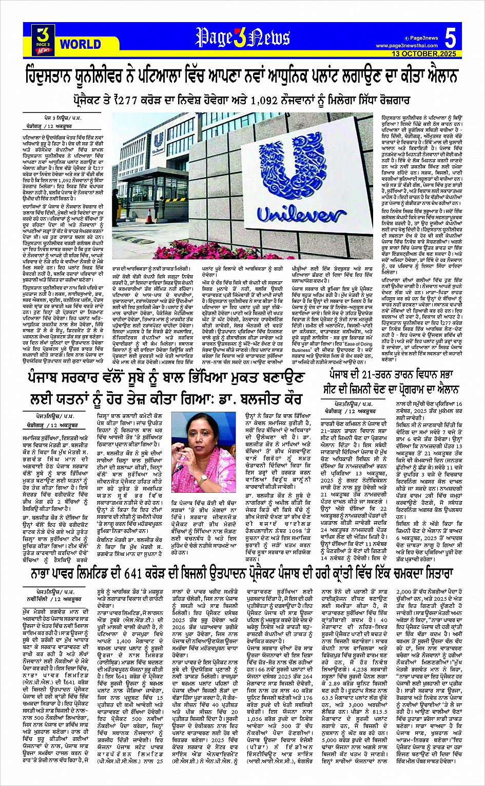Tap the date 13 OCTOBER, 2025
pos(423,53)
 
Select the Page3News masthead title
pos(242,37)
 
